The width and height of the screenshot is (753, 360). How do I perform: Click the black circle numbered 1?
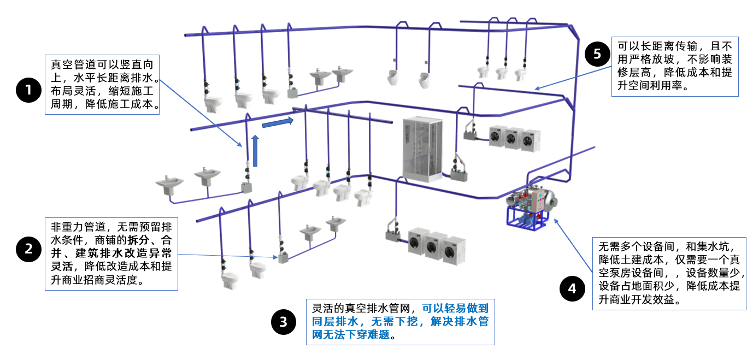[29, 91]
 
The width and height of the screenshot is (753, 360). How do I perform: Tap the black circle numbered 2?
[29, 249]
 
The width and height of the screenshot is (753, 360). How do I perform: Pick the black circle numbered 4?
[572, 289]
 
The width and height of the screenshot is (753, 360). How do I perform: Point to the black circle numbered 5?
[597, 54]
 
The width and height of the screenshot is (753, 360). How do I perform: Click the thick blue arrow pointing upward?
[254, 151]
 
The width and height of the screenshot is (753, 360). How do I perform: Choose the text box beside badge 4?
[669, 274]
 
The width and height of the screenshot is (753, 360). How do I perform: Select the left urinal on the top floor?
[392, 78]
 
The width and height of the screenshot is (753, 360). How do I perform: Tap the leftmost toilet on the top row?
[213, 102]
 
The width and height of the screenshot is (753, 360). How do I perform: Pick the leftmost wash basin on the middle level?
[169, 184]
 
